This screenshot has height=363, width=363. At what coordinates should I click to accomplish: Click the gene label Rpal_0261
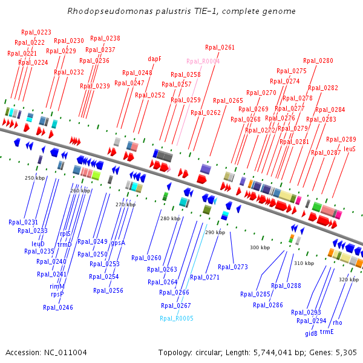[220, 47]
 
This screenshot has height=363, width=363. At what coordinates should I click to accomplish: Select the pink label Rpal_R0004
[203, 61]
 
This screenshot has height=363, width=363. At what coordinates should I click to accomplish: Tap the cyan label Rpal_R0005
[177, 319]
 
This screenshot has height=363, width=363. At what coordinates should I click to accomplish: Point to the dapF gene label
[154, 59]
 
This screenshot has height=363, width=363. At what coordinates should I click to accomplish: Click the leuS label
[349, 149]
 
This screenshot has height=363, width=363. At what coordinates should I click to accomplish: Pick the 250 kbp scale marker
[34, 178]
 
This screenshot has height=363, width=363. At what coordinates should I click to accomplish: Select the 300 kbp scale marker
[260, 247]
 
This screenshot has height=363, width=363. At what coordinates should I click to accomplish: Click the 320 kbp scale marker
[348, 280]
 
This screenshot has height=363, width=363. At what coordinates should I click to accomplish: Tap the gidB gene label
[311, 333]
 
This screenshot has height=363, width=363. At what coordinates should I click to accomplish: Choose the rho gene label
[338, 322]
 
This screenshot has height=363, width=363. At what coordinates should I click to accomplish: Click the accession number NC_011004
[65, 353]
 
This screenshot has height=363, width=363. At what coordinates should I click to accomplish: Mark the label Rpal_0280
[318, 60]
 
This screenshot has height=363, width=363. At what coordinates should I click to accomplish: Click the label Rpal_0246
[58, 307]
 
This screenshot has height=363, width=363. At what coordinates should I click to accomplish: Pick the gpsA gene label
[118, 243]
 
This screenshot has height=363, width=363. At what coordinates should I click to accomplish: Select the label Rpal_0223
[36, 32]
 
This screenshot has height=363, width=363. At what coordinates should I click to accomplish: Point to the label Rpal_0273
[233, 267]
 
